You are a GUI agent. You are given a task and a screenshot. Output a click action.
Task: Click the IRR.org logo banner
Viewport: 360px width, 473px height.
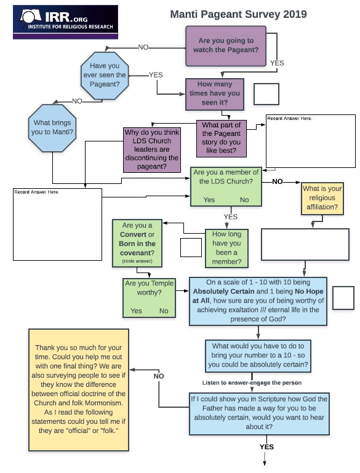[x=65, y=22]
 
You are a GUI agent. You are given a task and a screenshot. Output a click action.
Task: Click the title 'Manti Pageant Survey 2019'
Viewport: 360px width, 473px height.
[x=238, y=14]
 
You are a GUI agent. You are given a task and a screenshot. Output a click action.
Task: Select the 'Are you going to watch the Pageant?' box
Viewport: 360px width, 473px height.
[x=226, y=46]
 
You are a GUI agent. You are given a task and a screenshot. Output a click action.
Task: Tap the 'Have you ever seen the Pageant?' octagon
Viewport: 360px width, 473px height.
[x=105, y=76]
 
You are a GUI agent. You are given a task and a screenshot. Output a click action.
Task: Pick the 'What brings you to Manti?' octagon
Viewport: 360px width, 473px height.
[x=52, y=127]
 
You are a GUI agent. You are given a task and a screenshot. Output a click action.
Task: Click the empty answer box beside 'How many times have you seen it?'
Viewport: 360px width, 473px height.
[x=266, y=94]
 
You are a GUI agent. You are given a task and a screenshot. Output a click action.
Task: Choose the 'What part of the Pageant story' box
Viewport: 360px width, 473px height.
[x=222, y=138]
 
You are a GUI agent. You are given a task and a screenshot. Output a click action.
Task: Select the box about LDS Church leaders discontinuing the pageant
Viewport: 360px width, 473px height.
[x=152, y=149]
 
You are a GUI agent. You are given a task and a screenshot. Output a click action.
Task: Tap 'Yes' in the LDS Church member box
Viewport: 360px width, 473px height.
[x=209, y=200]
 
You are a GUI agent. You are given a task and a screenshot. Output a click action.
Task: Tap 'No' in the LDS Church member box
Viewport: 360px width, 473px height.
[x=244, y=200]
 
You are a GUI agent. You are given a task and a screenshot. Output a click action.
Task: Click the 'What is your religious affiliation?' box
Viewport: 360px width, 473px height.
[x=322, y=199]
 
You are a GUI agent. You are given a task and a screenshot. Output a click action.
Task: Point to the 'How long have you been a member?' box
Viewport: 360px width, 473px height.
[x=226, y=248]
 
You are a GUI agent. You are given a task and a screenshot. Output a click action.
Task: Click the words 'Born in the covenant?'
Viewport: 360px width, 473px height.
[x=137, y=248]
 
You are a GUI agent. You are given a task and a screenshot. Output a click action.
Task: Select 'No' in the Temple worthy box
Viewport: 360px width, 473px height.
[x=164, y=311]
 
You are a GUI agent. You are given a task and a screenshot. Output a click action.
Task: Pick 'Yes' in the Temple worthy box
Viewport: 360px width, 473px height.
[x=136, y=311]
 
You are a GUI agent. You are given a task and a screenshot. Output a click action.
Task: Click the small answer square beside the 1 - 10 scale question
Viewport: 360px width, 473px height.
[x=343, y=298]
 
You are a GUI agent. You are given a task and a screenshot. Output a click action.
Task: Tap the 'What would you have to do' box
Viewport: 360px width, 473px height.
[x=258, y=356]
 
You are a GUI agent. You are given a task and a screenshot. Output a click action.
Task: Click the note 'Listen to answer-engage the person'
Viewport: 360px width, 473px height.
[x=252, y=383]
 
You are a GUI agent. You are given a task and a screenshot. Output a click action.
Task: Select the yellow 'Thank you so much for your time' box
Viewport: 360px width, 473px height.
[x=79, y=390]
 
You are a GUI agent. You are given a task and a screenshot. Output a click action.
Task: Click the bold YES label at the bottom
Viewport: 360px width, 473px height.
[x=266, y=447]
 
